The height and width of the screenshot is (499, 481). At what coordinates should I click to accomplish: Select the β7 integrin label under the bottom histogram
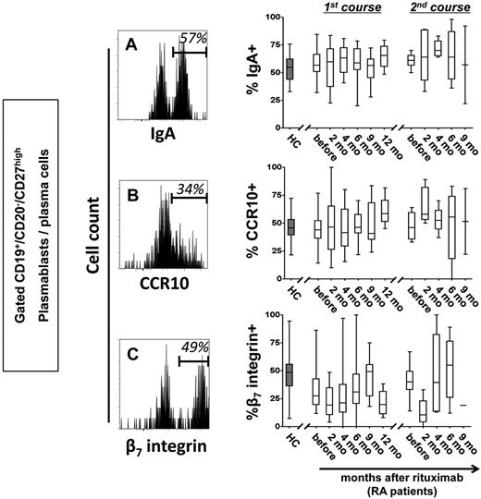[162, 449]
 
